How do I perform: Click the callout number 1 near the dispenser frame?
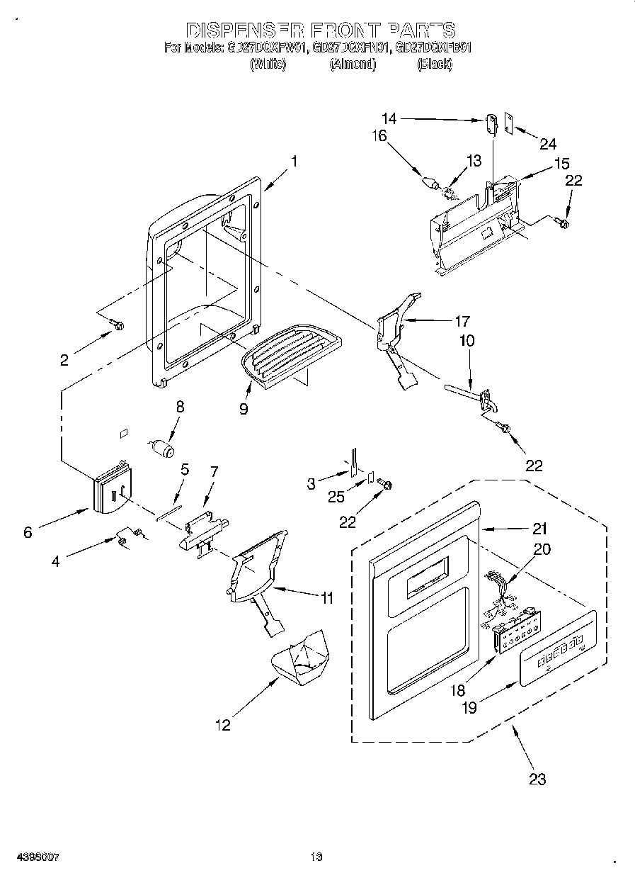point(294,161)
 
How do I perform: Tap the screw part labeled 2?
point(118,325)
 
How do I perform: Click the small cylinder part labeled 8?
point(164,449)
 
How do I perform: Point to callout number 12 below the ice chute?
point(223,725)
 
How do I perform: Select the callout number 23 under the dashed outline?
point(537,779)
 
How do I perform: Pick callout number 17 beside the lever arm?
point(462,320)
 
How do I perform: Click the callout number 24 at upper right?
point(548,144)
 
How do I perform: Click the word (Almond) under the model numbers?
point(353,64)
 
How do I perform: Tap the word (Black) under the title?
point(434,64)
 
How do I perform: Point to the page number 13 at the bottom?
point(316,857)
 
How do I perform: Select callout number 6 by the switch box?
point(28,532)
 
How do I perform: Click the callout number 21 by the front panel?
point(540,528)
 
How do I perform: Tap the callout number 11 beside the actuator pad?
point(326,598)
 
